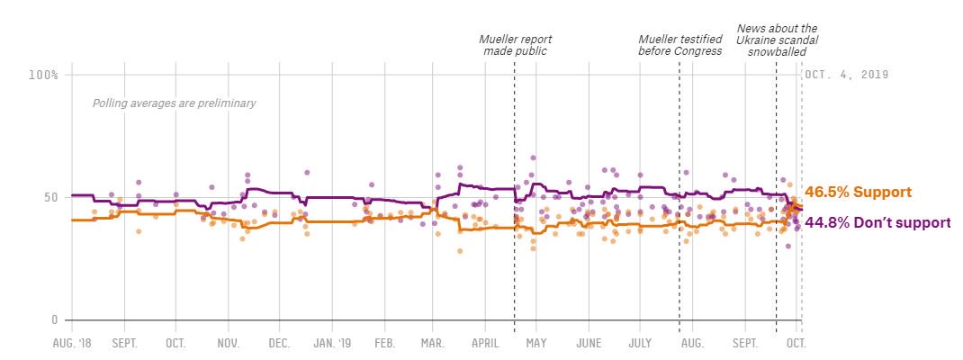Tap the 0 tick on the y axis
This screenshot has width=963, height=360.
[54, 319]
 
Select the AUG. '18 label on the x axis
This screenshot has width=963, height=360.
[73, 344]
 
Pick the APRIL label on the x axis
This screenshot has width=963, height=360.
[485, 344]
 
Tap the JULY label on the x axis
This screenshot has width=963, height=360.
[640, 344]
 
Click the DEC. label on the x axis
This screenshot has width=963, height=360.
[279, 344]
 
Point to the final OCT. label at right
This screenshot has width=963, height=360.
[796, 344]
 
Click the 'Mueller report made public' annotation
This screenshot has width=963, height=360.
[515, 45]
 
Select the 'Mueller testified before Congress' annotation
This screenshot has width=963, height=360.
[679, 45]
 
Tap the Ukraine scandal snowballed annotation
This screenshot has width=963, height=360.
[777, 40]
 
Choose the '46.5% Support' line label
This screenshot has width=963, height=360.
[859, 192]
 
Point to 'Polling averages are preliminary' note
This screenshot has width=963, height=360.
[174, 103]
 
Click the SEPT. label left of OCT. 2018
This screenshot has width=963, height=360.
[124, 344]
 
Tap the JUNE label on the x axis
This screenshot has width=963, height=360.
[589, 344]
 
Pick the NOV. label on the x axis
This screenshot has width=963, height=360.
[228, 344]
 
